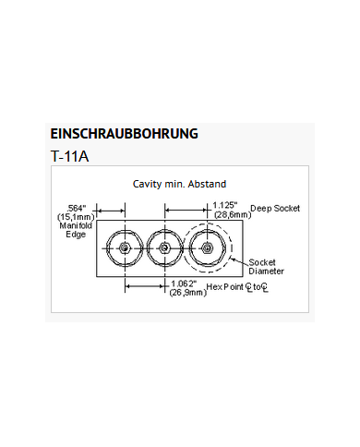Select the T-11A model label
70,156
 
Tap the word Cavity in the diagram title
149,184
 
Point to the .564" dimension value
78,208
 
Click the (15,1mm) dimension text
75,217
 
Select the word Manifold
75,225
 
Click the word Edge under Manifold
75,235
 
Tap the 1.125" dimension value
226,204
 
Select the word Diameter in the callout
267,272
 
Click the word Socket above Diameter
263,262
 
